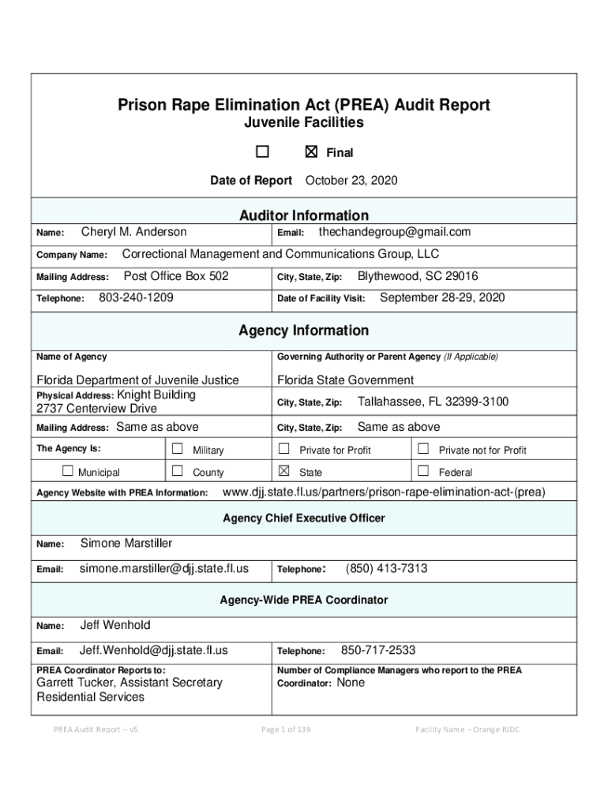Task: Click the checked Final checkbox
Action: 311,152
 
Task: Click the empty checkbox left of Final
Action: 262,152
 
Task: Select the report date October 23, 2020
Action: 351,181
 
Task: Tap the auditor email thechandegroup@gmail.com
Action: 394,232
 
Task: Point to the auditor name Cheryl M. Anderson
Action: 134,232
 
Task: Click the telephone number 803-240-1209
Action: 136,298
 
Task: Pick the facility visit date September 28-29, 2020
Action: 442,298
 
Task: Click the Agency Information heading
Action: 303,331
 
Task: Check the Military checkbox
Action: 178,449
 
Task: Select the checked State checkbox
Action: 283,472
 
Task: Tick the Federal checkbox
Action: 423,472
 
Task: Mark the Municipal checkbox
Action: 67,472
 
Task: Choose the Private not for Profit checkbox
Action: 423,449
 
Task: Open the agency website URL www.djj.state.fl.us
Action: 385,493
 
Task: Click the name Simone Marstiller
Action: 126,544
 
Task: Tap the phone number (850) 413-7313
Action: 387,569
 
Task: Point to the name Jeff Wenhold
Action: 115,626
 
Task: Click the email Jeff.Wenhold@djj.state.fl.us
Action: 154,651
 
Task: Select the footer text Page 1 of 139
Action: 286,730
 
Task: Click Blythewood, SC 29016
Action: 418,277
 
